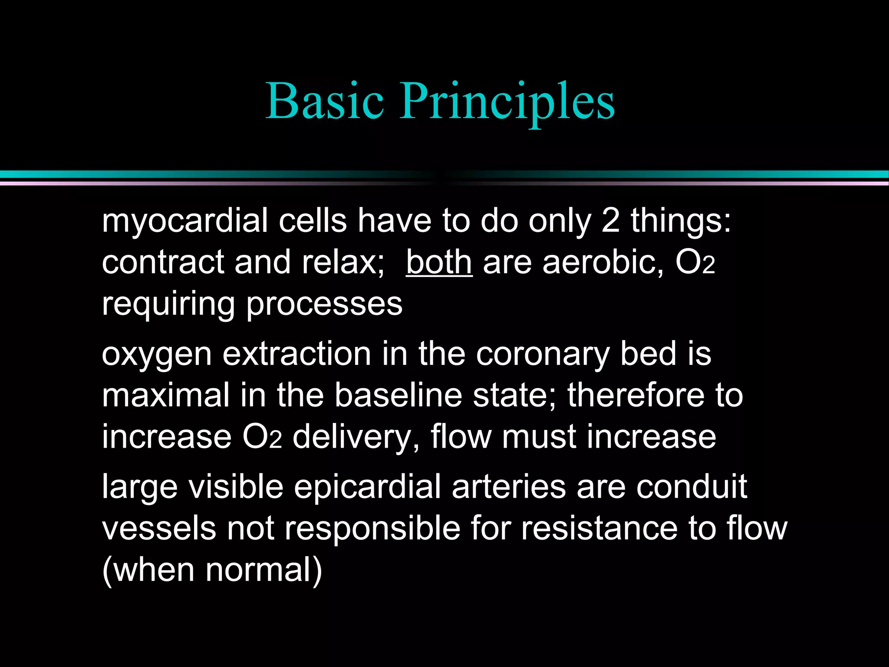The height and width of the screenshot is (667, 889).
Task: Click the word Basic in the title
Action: click(325, 101)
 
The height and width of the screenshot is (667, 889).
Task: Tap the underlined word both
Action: click(439, 262)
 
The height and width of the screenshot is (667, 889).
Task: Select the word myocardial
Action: click(185, 221)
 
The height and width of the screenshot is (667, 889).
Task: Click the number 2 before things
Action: click(610, 221)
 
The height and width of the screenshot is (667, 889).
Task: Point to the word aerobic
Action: click(603, 262)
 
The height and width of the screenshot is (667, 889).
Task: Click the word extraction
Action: click(297, 353)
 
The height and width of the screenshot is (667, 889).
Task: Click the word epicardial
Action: click(367, 486)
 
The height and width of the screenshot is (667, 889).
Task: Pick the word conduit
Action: click(691, 486)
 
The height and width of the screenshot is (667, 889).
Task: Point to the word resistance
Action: click(599, 528)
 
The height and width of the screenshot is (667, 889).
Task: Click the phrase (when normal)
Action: click(212, 570)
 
